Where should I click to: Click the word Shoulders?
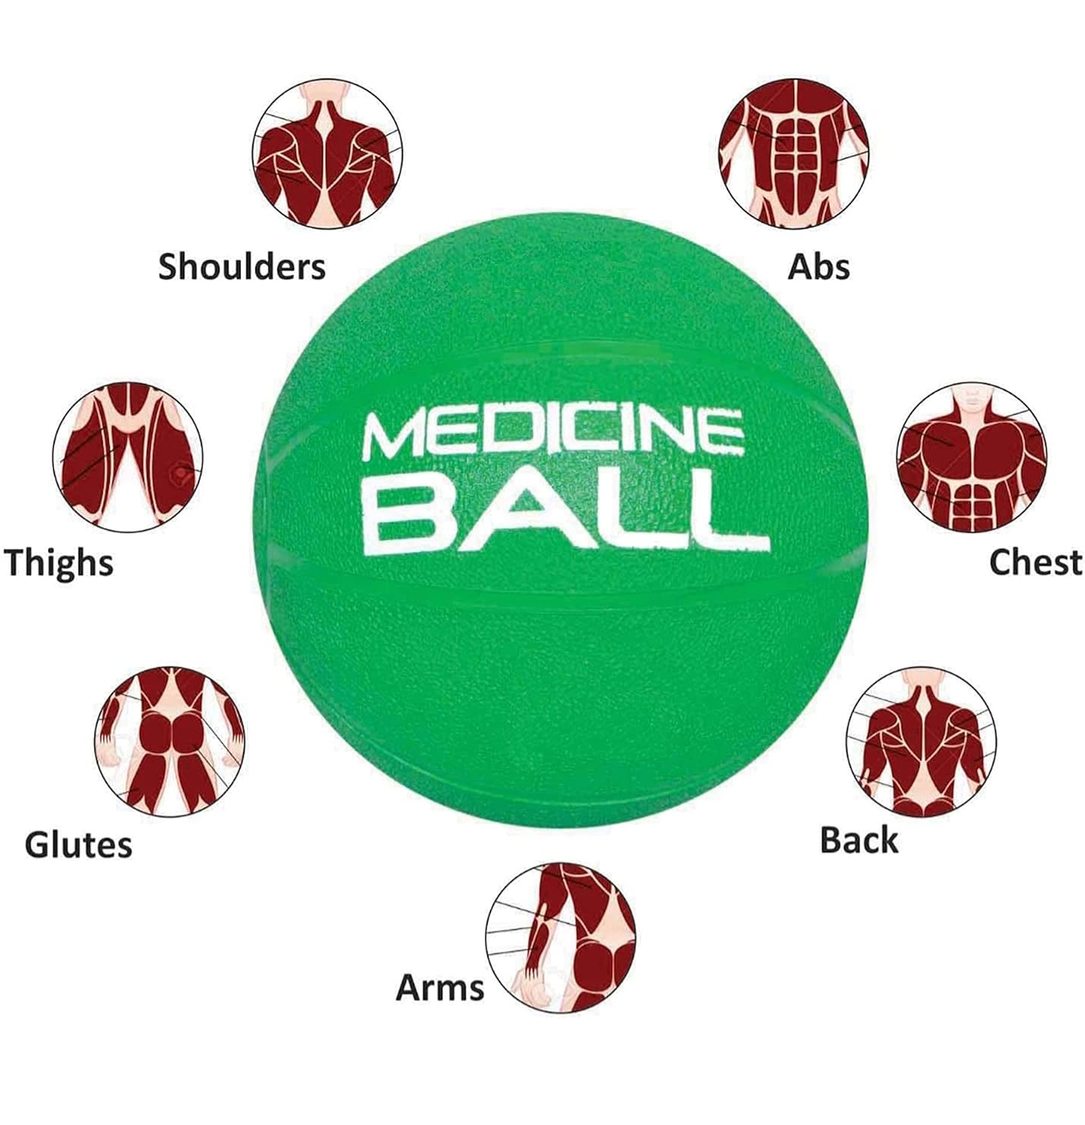[x=241, y=267]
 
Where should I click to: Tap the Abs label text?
[x=818, y=267]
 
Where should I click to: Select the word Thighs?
[x=58, y=563]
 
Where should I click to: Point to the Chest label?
[x=1036, y=562]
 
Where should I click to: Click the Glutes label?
[x=78, y=845]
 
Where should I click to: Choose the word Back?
[x=859, y=841]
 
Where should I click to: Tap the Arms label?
[x=439, y=988]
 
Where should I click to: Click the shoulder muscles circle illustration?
[x=327, y=153]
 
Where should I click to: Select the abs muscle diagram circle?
[x=794, y=153]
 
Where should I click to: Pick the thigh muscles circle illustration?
[x=127, y=457]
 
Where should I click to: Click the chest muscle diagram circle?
[x=972, y=457]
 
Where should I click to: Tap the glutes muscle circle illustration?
[x=171, y=741]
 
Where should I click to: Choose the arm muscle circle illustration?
[x=560, y=937]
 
